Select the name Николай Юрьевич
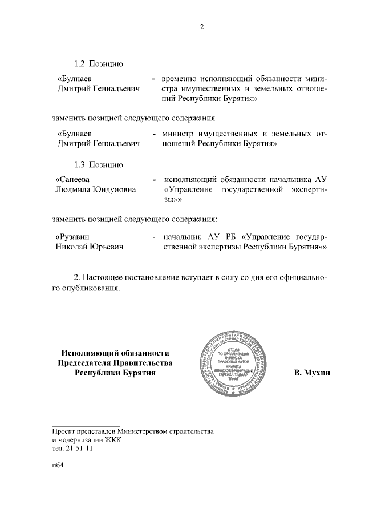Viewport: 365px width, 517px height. point(90,247)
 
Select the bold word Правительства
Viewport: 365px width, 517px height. point(140,363)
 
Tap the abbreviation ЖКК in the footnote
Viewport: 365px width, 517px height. point(111,440)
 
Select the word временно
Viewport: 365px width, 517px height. point(180,77)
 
